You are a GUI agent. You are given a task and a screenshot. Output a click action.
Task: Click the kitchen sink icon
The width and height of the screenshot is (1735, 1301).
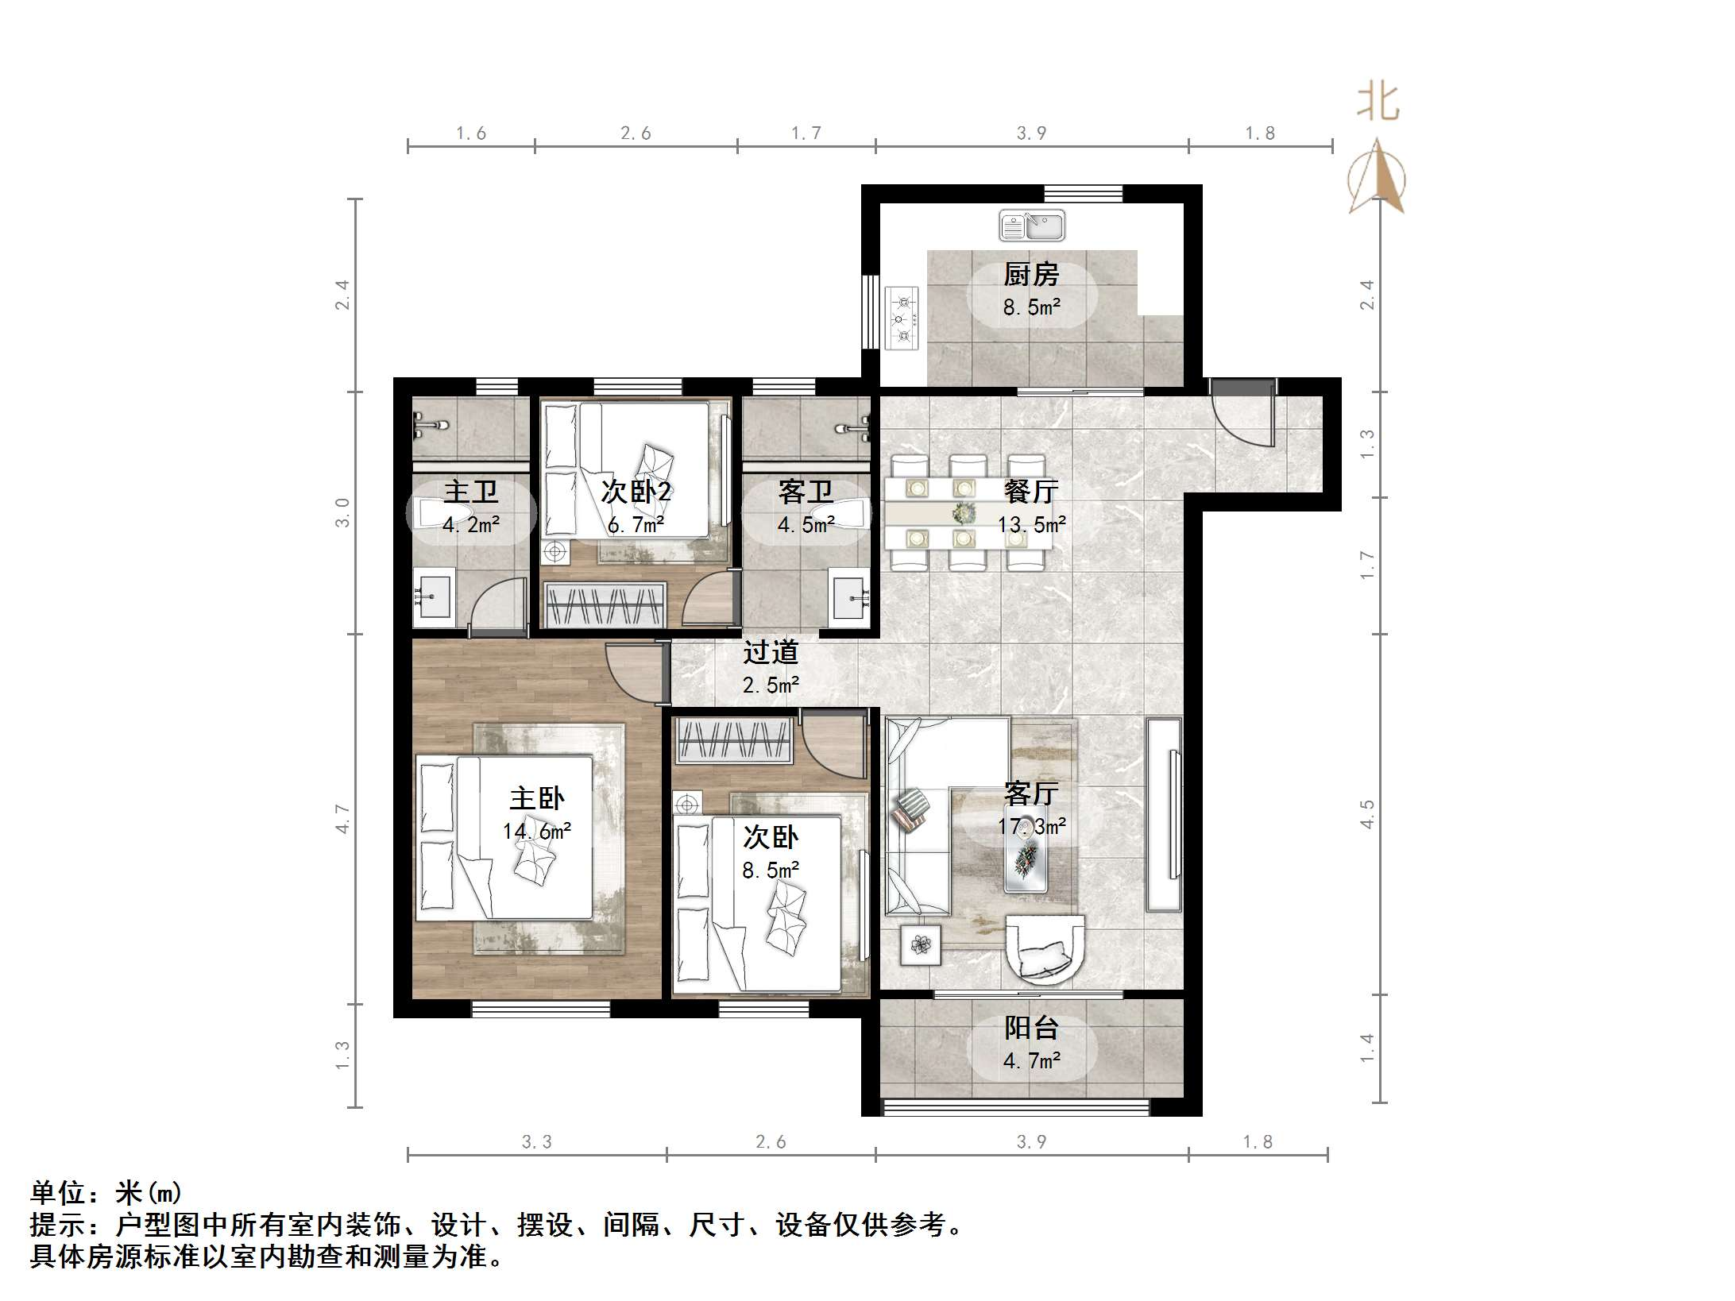[1031, 226]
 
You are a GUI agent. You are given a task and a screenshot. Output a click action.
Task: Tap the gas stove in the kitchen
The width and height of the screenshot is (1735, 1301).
[902, 318]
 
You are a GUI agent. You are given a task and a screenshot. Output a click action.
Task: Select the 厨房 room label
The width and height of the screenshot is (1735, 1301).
[1031, 275]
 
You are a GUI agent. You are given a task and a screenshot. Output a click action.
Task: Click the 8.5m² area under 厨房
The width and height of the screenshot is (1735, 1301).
[1031, 307]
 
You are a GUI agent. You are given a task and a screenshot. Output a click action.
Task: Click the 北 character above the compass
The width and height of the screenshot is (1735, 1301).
[1378, 104]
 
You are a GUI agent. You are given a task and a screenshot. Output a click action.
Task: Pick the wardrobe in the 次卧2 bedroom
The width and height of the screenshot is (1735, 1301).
[605, 604]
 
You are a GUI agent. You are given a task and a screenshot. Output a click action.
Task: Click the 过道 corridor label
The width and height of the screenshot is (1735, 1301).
[770, 653]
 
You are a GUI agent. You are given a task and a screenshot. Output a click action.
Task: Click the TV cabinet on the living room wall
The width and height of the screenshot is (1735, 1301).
[1165, 814]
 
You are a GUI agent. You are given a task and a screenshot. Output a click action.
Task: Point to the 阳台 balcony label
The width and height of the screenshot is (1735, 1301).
[1031, 1028]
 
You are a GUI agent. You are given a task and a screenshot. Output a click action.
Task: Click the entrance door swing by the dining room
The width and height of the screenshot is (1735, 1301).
[1244, 417]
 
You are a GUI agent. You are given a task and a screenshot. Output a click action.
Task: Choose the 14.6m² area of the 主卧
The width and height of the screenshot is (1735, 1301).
[537, 831]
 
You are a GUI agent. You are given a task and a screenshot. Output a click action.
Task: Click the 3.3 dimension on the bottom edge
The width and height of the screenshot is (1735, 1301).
[537, 1142]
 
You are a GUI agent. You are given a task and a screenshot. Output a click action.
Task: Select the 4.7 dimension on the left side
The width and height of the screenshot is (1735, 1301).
[342, 818]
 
